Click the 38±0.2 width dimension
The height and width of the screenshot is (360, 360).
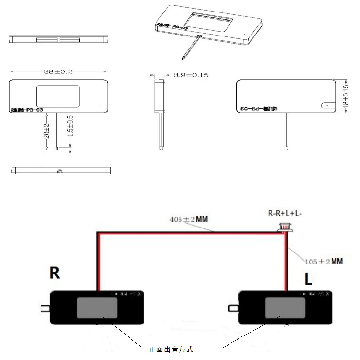[58, 72]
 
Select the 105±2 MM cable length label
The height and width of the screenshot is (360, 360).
[324, 261]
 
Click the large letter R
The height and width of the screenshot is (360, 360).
[55, 273]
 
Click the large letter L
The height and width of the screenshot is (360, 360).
[308, 279]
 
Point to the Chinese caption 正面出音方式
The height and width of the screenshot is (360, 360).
[171, 349]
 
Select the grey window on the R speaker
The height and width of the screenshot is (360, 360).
[97, 308]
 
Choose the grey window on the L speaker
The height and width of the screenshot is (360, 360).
[285, 308]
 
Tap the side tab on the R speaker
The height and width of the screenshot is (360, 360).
[46, 308]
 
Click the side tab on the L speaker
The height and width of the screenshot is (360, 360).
[234, 308]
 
